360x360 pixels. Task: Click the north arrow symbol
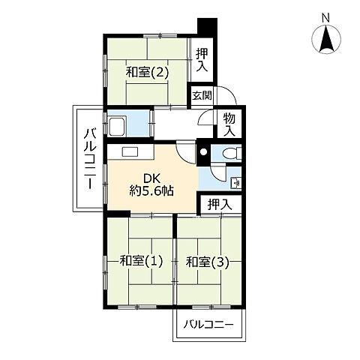click(327, 39)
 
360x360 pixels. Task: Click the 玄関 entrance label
click(200, 95)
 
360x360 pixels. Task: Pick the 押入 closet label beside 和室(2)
click(202, 58)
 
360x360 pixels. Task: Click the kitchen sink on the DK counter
click(127, 152)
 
